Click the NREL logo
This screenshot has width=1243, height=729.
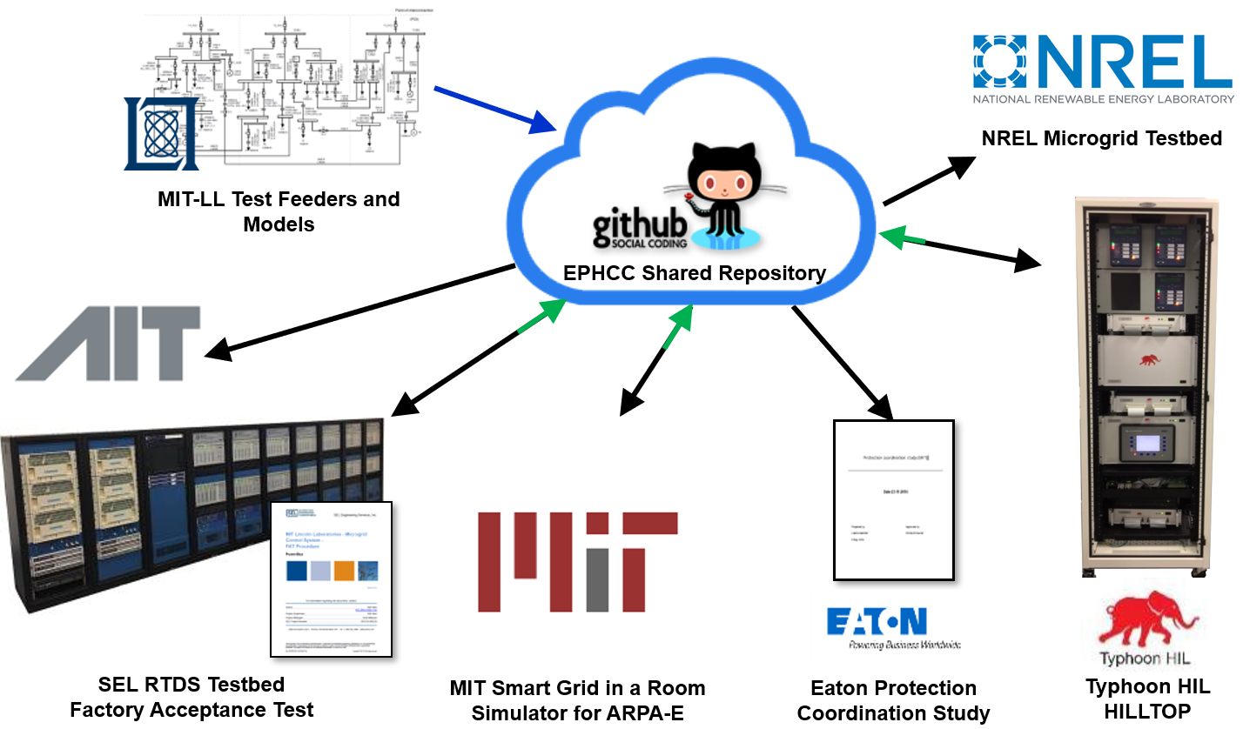click(x=1103, y=68)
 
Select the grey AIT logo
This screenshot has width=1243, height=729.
click(x=108, y=343)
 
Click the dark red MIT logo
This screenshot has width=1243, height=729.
click(x=577, y=562)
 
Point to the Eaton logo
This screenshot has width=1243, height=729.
click(x=877, y=621)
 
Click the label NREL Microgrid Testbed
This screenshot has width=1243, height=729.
click(x=1102, y=138)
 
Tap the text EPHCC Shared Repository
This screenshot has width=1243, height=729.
click(x=694, y=273)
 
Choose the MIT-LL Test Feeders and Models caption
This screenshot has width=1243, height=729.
click(x=279, y=211)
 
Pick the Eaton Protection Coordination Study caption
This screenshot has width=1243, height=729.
click(x=893, y=701)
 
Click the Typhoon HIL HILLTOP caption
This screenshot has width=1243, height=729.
click(x=1147, y=699)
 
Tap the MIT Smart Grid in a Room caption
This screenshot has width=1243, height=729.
click(x=577, y=701)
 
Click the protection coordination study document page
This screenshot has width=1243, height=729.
click(x=894, y=500)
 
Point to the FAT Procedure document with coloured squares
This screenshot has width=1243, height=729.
click(x=332, y=579)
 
